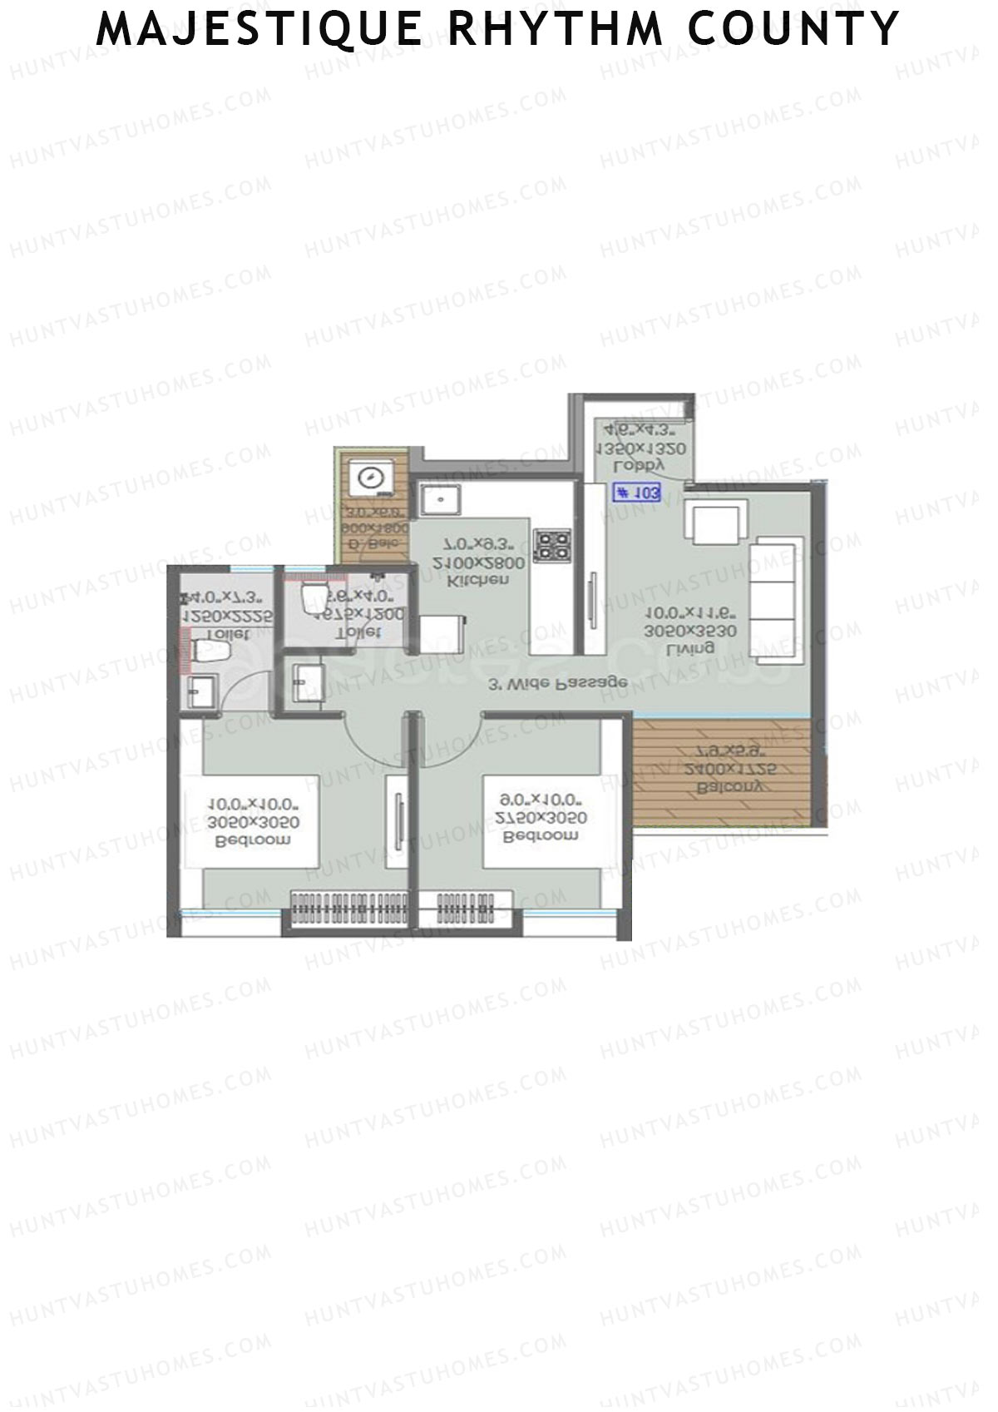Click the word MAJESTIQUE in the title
tap(259, 30)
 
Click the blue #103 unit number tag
tap(638, 493)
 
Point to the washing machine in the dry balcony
tap(368, 478)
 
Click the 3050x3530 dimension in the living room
tap(691, 632)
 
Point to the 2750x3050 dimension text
tap(542, 818)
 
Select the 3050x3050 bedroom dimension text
tap(254, 822)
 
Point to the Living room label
tap(691, 647)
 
